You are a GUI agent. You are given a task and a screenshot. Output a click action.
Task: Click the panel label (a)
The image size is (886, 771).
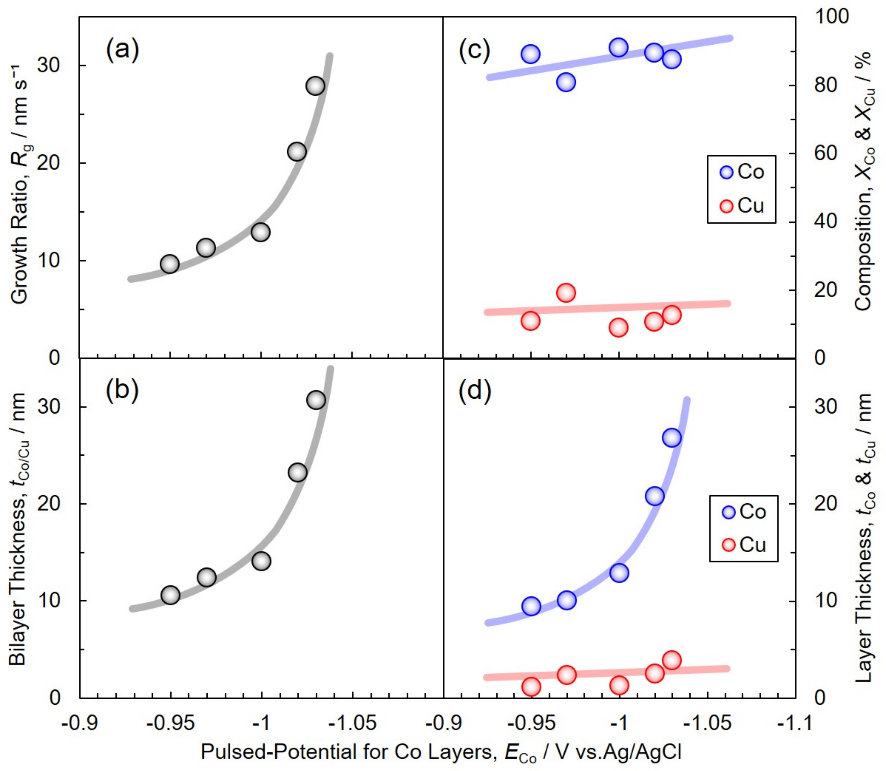point(123,51)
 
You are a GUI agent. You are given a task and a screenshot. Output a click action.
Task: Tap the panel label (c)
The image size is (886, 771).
point(474,51)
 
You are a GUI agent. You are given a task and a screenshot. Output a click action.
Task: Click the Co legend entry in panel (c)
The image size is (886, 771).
point(742,172)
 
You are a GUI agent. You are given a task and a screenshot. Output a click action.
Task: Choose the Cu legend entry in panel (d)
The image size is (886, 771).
point(744,545)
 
